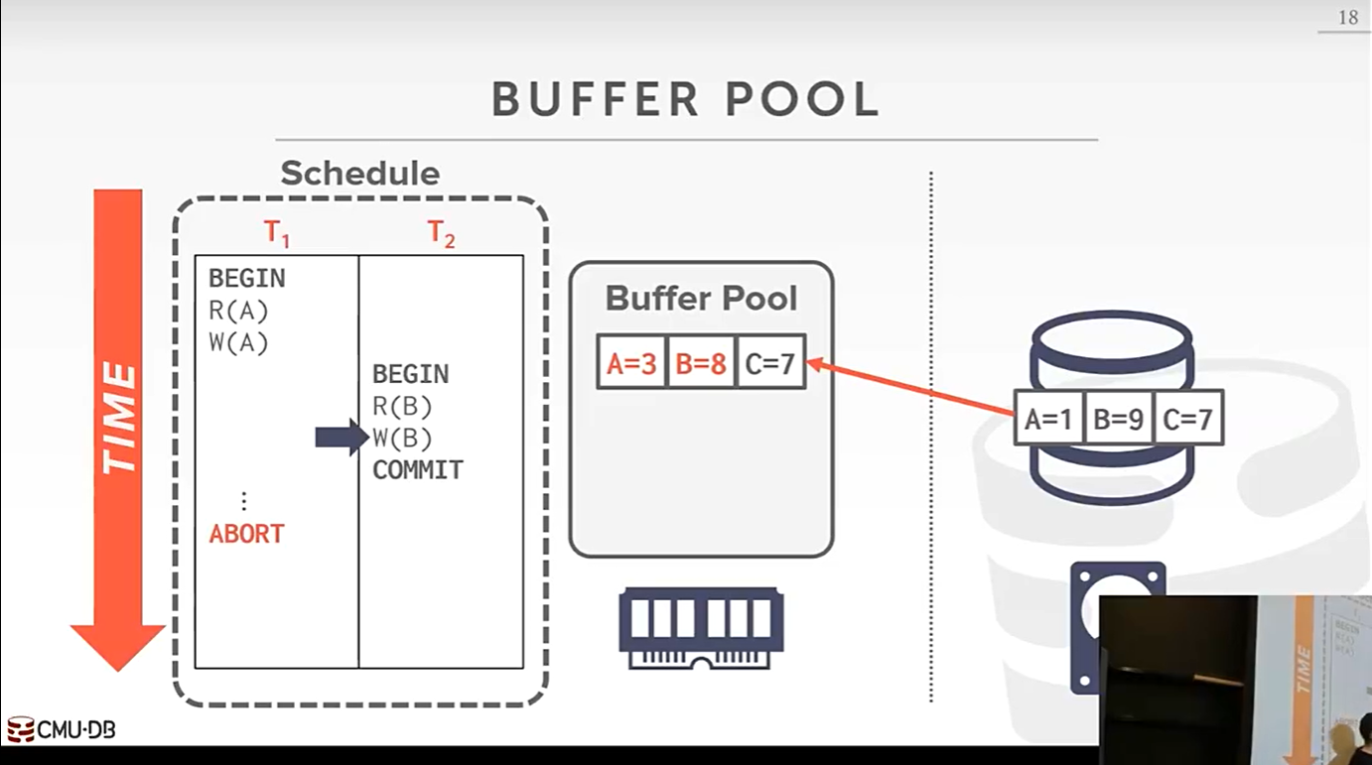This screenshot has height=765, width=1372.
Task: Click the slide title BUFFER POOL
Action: click(685, 100)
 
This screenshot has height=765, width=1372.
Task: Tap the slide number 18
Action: click(1347, 18)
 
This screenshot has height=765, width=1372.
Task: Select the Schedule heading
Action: click(359, 174)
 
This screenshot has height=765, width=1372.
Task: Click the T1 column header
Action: click(277, 234)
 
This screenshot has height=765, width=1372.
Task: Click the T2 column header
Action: click(441, 234)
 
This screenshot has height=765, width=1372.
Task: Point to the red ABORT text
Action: click(246, 534)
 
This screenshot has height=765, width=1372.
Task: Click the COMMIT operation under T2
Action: click(418, 470)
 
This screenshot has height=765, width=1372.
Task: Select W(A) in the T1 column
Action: click(238, 343)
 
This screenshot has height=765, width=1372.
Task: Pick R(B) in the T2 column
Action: click(402, 407)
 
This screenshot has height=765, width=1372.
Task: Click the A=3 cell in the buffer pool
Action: click(631, 364)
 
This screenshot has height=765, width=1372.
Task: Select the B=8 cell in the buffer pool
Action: click(701, 364)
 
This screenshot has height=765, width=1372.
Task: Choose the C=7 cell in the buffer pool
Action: click(769, 364)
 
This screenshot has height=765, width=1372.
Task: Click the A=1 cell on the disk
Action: click(1048, 419)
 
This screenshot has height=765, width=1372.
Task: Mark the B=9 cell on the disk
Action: click(1118, 419)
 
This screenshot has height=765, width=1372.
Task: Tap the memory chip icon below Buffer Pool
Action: click(701, 628)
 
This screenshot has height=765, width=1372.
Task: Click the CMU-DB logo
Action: click(62, 730)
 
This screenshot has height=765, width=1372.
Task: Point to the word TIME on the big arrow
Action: click(118, 417)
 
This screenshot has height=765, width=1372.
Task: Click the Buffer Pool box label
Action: click(701, 299)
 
